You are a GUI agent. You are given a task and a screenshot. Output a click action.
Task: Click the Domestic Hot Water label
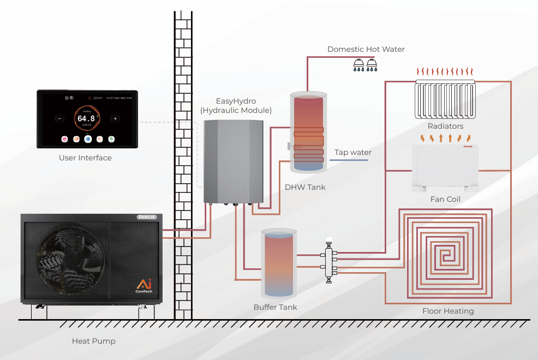(366, 49)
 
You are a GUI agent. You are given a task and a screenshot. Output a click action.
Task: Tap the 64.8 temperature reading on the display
(86, 118)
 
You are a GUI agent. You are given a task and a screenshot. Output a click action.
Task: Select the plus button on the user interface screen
(115, 118)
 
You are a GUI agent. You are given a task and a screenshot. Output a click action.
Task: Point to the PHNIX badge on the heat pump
(146, 217)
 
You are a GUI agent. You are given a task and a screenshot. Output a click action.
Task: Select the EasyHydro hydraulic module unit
(233, 161)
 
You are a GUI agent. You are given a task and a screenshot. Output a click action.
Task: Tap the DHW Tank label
(305, 187)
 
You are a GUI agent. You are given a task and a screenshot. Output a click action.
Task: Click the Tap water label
(352, 153)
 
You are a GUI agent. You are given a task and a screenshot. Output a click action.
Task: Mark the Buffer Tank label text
(276, 307)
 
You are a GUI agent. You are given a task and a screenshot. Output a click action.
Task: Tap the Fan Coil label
(445, 199)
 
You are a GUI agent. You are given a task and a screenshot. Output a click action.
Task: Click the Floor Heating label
(448, 311)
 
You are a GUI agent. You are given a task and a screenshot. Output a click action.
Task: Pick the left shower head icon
(358, 65)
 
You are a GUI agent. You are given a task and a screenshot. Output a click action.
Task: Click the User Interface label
(85, 158)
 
